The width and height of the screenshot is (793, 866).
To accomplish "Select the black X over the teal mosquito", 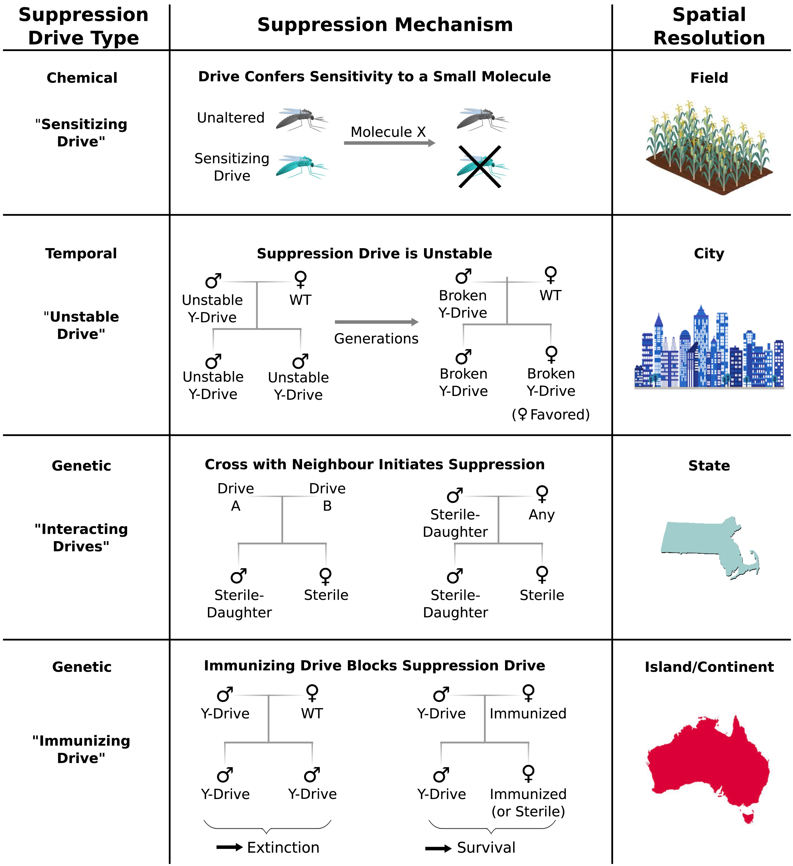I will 480,167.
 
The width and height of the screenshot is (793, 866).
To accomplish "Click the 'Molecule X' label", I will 388,132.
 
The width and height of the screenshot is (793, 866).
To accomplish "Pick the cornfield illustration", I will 709,148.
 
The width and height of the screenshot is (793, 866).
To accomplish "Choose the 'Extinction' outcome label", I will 283,847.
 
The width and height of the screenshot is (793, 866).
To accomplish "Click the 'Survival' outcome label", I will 486,847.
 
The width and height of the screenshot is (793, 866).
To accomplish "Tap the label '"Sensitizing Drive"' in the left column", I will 81,133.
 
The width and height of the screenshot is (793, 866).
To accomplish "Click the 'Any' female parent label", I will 542,515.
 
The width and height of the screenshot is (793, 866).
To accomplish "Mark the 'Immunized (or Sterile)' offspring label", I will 528,802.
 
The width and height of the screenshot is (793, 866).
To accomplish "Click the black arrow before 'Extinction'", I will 229,847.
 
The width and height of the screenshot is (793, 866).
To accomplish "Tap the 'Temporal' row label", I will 81,254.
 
